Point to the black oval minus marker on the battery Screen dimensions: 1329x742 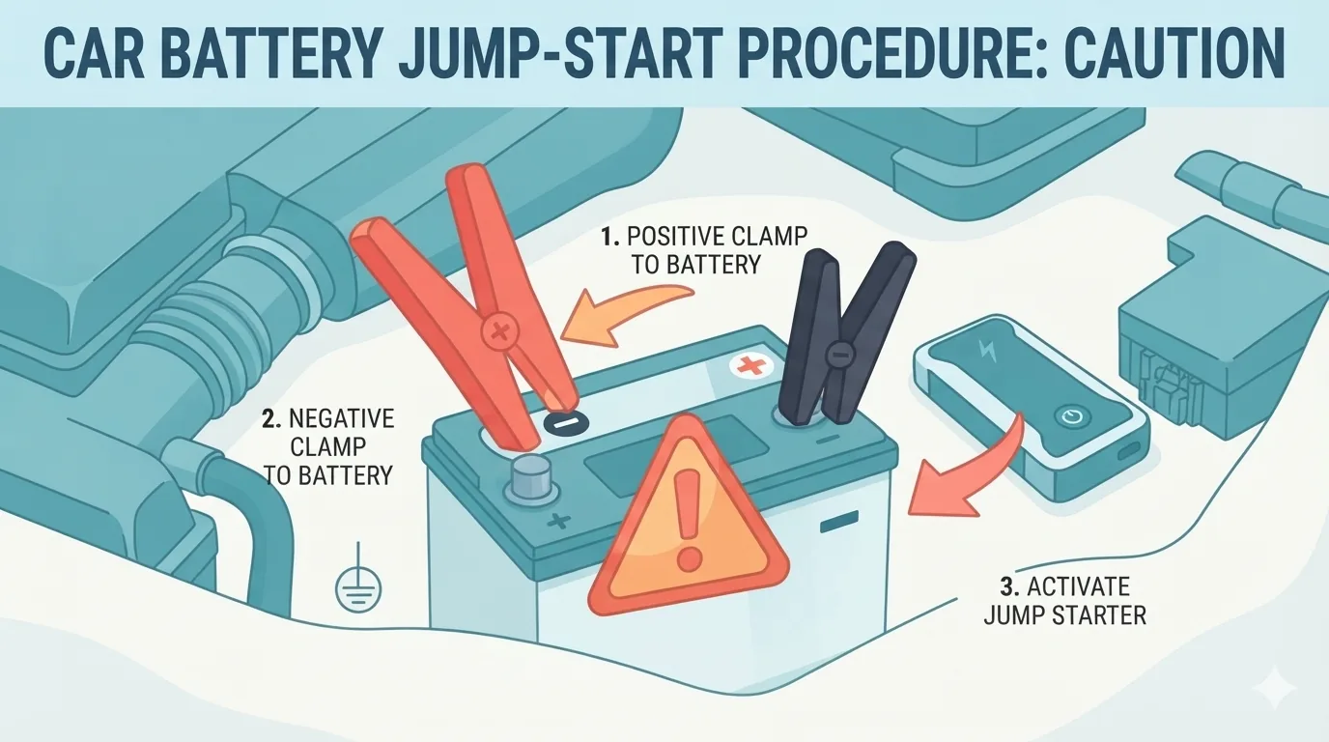[x=566, y=422]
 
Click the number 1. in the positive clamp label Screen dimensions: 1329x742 [x=611, y=237]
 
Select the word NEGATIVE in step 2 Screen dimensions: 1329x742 [x=342, y=419]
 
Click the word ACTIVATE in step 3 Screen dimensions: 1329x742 [x=1079, y=586]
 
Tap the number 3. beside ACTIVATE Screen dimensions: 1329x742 [x=1010, y=586]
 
